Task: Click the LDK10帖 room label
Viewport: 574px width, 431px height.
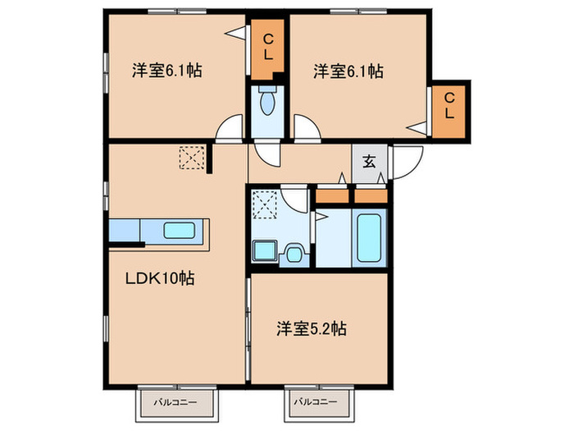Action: click(160, 279)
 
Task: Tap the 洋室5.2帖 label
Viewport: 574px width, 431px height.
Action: click(312, 328)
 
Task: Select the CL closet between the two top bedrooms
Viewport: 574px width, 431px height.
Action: click(267, 49)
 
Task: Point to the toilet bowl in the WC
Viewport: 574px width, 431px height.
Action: click(266, 103)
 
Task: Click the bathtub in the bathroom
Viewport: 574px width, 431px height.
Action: click(369, 238)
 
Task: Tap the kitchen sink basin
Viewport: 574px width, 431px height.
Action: click(179, 231)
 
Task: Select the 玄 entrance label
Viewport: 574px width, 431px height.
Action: click(369, 161)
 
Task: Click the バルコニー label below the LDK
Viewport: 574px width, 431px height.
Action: click(175, 402)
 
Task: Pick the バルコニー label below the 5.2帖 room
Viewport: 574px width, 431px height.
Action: click(316, 402)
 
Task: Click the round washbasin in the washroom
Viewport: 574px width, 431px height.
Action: click(294, 254)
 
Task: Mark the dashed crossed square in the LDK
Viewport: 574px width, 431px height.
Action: click(192, 158)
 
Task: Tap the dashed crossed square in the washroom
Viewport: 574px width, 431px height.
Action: click(265, 204)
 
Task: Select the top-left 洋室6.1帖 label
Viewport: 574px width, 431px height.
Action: click(167, 70)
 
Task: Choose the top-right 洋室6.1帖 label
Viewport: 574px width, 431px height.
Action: click(348, 71)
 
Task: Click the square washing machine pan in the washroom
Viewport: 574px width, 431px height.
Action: click(264, 250)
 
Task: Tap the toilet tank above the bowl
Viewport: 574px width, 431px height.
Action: click(266, 89)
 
